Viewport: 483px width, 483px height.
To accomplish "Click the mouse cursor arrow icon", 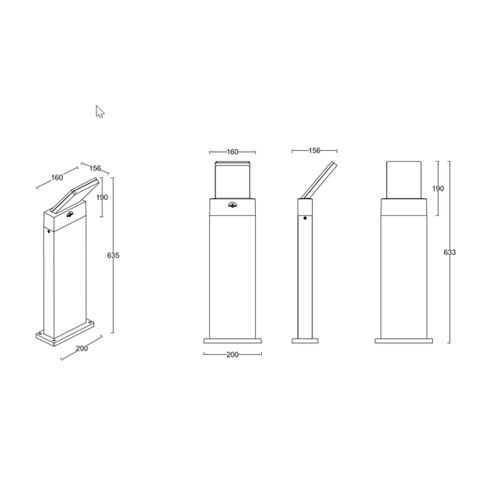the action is (x=99, y=112).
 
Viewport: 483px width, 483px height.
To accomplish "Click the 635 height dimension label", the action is (x=113, y=255).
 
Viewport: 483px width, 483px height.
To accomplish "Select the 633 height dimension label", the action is (x=449, y=253).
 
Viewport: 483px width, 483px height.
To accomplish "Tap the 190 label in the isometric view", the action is (x=102, y=197).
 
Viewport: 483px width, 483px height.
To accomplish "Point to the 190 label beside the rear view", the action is (x=438, y=188).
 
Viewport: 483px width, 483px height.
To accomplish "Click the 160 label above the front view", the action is (x=232, y=152).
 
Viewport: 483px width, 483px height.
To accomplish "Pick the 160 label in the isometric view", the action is (x=57, y=177).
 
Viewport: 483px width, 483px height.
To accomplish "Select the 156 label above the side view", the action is (x=314, y=151).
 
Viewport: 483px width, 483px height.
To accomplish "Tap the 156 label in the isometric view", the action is (x=95, y=168).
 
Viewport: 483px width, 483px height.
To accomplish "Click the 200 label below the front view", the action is (x=232, y=354).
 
